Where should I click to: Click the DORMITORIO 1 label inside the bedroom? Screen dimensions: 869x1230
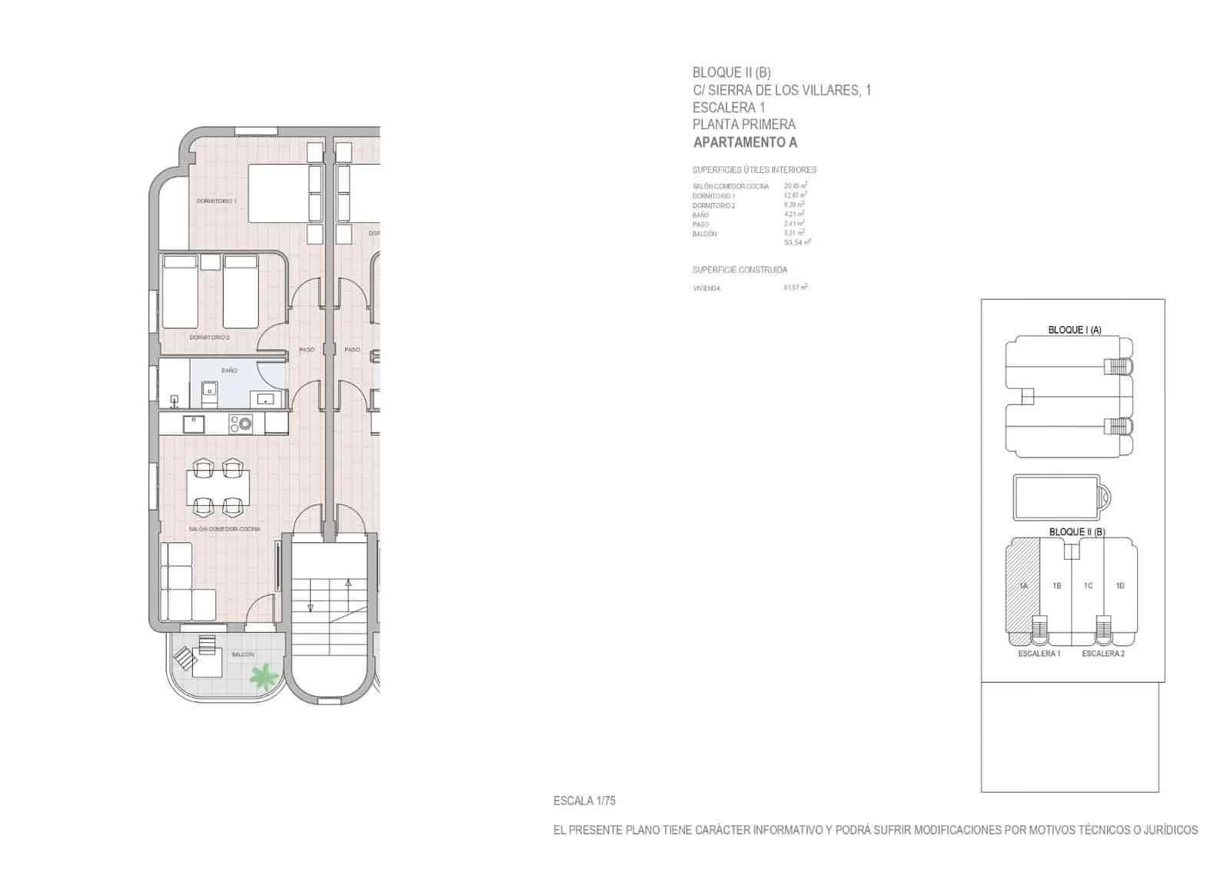click(x=216, y=201)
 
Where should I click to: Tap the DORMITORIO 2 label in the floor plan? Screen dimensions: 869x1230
click(x=210, y=337)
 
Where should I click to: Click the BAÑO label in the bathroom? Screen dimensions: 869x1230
click(x=229, y=371)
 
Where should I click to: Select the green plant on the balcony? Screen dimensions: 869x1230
click(x=263, y=675)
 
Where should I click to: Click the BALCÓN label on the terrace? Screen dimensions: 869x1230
click(x=242, y=654)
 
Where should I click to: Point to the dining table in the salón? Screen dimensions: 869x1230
click(x=218, y=487)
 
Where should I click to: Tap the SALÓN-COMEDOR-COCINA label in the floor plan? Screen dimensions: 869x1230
click(x=224, y=529)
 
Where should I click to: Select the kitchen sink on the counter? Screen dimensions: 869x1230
click(x=193, y=424)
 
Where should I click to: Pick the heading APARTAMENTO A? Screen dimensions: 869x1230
click(x=745, y=142)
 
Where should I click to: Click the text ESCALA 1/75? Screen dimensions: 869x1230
click(x=584, y=801)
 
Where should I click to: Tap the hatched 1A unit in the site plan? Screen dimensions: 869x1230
click(x=1023, y=586)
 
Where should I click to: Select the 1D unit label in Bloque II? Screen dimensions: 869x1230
click(x=1120, y=586)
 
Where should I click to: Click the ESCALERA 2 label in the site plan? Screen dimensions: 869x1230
click(x=1103, y=654)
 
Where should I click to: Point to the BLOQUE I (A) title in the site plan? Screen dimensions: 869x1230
click(x=1075, y=330)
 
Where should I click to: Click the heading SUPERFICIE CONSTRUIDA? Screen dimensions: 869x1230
click(x=740, y=270)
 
